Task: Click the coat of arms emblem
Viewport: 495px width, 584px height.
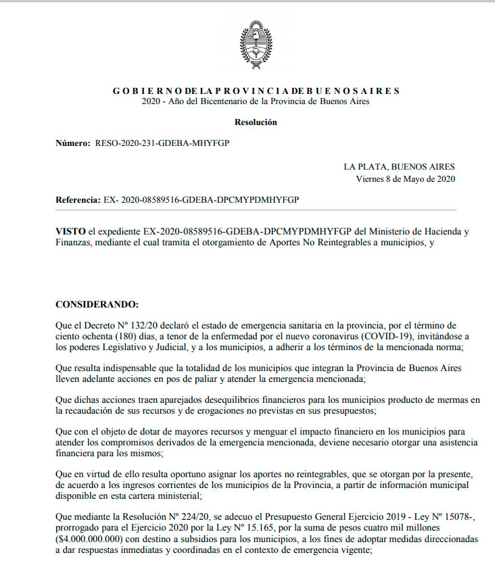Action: coord(256,45)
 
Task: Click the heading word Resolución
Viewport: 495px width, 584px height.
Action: coord(256,122)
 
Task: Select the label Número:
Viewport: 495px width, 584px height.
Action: coord(73,144)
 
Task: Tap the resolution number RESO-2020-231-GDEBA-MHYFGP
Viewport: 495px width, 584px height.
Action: coord(162,144)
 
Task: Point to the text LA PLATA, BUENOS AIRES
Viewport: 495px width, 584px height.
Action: coord(399,167)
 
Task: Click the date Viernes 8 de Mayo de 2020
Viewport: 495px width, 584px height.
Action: coord(405,179)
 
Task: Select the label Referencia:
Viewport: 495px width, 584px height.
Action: coord(78,201)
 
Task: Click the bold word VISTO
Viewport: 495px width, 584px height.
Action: coord(70,231)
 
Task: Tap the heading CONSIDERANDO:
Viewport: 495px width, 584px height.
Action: coord(97,304)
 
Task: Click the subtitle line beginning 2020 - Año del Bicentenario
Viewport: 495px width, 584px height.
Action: coord(256,101)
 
